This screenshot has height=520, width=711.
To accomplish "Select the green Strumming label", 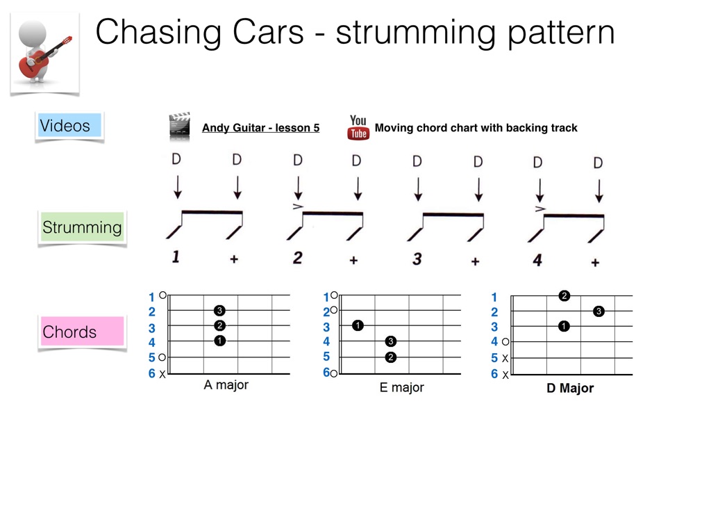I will click(81, 227).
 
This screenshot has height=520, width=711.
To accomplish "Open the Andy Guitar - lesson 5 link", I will click(260, 128).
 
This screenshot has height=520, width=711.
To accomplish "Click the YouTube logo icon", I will click(358, 128).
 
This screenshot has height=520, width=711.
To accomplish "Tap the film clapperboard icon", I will click(179, 127).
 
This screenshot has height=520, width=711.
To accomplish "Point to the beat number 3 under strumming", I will click(417, 259).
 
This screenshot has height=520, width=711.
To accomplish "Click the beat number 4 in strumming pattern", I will click(537, 260).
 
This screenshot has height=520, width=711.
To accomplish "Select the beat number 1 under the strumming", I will click(176, 258).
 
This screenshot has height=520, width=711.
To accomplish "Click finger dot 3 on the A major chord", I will click(220, 310).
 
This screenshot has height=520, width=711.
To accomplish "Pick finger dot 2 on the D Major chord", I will click(564, 295).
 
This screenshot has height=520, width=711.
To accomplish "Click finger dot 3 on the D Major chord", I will click(599, 311).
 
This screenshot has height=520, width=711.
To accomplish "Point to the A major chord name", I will click(226, 385).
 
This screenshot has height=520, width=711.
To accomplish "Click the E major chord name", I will click(401, 388).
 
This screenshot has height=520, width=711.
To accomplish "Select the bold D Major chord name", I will click(570, 389).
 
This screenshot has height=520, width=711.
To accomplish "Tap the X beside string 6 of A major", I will click(162, 375).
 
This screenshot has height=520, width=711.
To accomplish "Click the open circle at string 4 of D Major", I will click(505, 342).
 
